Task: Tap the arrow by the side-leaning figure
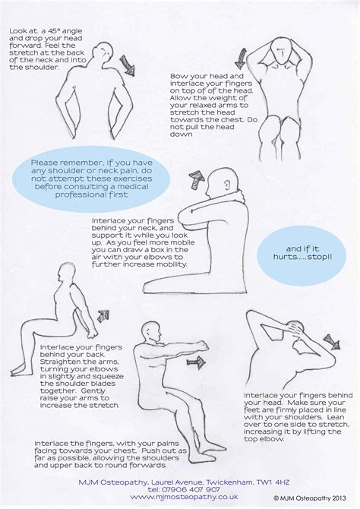click(332, 341)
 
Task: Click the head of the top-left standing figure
click(97, 51)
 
